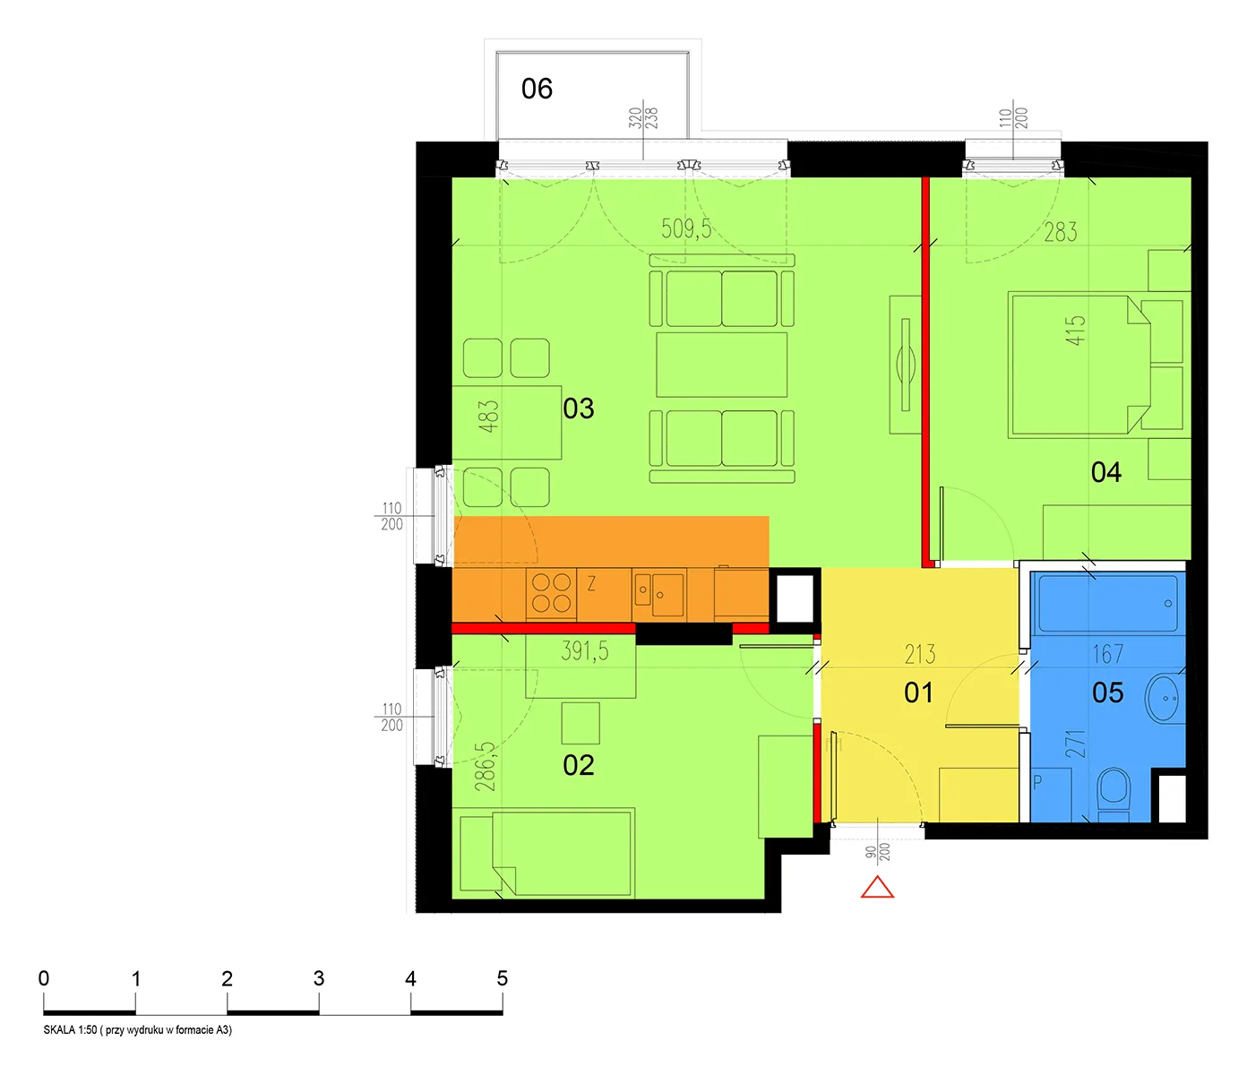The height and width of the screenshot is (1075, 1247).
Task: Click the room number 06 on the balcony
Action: (537, 89)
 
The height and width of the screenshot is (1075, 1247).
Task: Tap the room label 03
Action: (578, 408)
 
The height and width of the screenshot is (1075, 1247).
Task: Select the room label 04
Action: (1105, 472)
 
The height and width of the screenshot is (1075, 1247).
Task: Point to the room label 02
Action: (578, 765)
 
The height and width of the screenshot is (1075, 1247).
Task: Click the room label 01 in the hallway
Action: (918, 692)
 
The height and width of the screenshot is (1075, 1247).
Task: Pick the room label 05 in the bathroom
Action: (1107, 692)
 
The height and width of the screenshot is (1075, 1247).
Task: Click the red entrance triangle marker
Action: (877, 888)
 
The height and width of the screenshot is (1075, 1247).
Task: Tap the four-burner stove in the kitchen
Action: (551, 593)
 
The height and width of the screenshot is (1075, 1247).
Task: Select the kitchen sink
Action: (658, 594)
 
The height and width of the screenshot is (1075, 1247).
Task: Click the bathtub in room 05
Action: (1107, 603)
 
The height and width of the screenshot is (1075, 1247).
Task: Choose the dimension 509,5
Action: (686, 228)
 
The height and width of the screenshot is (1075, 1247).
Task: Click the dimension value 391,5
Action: (585, 650)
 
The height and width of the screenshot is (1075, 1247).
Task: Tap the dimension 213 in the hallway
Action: (920, 654)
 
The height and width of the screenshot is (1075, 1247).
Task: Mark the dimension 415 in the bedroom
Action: (1076, 331)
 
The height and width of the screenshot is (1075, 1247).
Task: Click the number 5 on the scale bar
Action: (502, 978)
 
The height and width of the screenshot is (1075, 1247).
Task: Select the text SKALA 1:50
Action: (70, 1029)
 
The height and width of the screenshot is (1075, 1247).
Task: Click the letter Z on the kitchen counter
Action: (591, 583)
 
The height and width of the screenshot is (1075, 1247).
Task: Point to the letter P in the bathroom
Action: (1037, 782)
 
